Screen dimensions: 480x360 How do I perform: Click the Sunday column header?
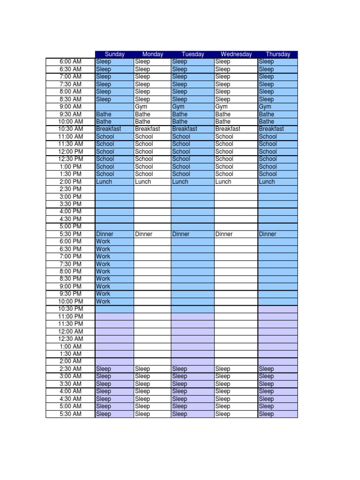(114, 54)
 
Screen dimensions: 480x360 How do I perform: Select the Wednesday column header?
(236, 54)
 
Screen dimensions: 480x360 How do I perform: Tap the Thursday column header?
(277, 54)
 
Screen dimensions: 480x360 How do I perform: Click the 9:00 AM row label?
(70, 107)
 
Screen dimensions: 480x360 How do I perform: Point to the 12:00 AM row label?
(70, 331)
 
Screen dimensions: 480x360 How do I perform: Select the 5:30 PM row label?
(70, 234)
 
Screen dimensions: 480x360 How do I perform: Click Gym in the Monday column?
(141, 107)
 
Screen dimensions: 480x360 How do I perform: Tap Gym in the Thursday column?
(265, 107)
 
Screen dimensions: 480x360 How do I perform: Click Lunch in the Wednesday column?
(223, 182)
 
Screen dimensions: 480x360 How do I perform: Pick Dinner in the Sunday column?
(105, 234)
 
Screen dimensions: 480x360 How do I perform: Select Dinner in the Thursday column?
(268, 234)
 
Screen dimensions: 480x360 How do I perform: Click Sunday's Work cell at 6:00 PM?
(103, 241)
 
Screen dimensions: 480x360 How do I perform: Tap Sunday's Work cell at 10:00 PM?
(103, 301)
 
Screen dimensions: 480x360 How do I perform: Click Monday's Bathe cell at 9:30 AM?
(142, 114)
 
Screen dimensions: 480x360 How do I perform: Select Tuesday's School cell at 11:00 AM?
(181, 137)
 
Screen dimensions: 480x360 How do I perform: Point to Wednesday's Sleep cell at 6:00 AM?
(223, 62)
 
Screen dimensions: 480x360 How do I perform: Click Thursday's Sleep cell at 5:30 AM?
(266, 414)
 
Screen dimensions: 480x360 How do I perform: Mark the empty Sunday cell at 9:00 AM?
(114, 107)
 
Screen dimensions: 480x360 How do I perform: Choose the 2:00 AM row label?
(70, 361)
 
